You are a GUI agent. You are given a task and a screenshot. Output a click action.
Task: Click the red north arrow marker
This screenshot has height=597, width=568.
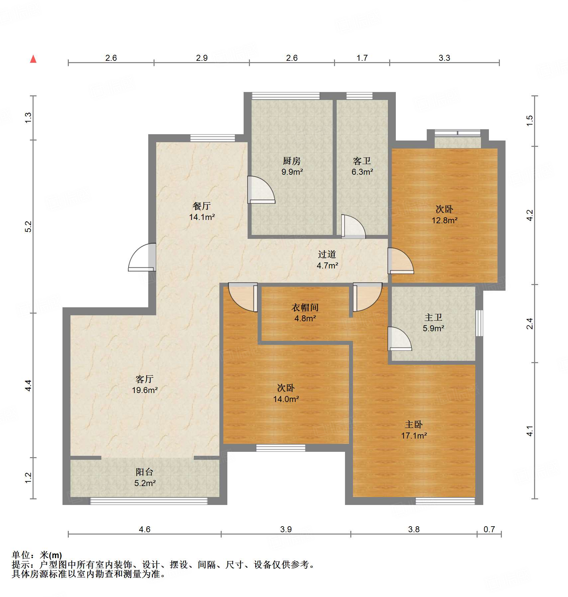(x=33, y=59)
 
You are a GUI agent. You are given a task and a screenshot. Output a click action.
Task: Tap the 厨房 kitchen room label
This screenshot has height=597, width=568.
(x=292, y=166)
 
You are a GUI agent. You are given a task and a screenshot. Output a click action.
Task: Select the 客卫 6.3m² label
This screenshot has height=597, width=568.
(x=362, y=166)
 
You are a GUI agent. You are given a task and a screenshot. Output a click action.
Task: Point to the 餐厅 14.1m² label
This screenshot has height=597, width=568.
(x=202, y=211)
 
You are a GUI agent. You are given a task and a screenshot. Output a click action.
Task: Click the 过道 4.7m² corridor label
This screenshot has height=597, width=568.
(x=327, y=260)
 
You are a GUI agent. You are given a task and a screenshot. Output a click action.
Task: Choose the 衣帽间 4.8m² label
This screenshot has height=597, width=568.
(x=305, y=313)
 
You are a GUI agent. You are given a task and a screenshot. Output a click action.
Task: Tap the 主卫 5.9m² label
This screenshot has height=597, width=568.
(x=433, y=323)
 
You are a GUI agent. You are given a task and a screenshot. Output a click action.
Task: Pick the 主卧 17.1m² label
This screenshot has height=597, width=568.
(x=414, y=430)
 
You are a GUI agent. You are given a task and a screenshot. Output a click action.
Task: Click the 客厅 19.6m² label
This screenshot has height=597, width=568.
(x=145, y=384)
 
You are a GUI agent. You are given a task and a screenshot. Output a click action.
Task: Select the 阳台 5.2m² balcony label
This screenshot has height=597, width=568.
(x=145, y=477)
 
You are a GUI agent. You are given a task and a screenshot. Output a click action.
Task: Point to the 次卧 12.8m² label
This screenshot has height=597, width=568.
(x=444, y=215)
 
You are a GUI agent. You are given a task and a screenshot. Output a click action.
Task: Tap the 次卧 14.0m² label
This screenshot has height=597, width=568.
(x=286, y=393)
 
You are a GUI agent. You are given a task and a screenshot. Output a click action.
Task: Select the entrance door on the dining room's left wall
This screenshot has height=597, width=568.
(x=142, y=257)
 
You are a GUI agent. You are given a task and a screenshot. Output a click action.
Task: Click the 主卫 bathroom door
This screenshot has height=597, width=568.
(x=399, y=339)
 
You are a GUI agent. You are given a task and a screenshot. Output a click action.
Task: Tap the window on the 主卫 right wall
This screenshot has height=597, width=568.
(x=479, y=323)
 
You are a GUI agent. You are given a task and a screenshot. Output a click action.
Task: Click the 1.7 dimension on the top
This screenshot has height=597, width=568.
(x=362, y=58)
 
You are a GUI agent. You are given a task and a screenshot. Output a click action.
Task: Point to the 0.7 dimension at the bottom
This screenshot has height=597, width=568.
(x=489, y=529)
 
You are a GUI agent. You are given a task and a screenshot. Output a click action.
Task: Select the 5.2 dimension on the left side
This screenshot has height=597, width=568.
(x=28, y=226)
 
